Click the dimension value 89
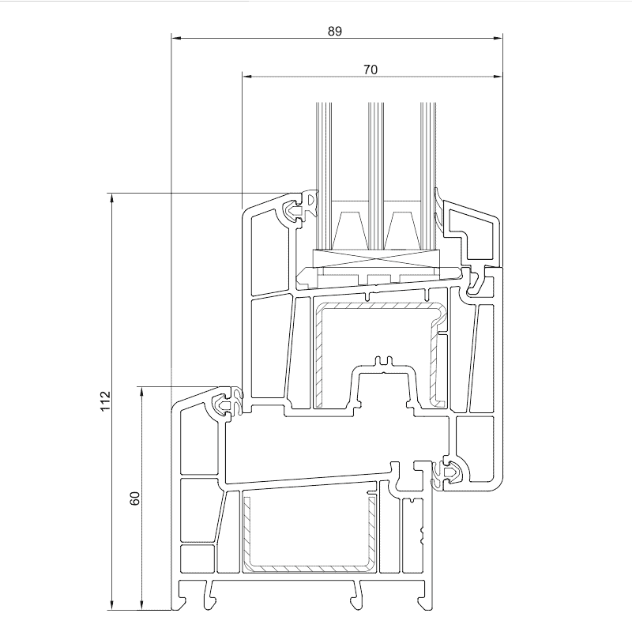click(334, 31)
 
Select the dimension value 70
click(371, 70)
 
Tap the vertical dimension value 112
click(105, 401)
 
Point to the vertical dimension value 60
click(134, 498)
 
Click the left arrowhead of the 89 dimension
click(176, 38)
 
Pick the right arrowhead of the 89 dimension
click(498, 38)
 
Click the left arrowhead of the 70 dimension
click(246, 76)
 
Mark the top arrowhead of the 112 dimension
click(111, 198)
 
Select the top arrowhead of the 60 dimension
click(141, 392)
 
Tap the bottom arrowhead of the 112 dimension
click(111, 604)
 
